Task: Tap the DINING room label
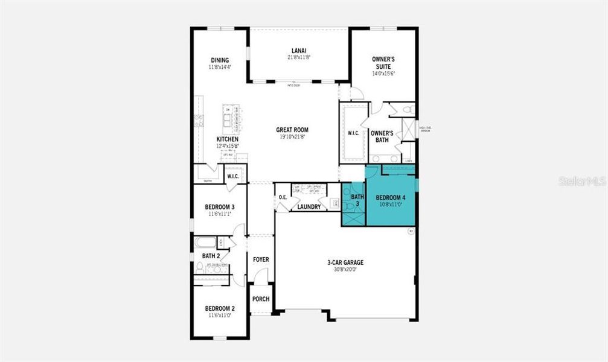pyautogui.click(x=220, y=60)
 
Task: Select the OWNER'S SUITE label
pyautogui.click(x=383, y=63)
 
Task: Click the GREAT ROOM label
pyautogui.click(x=292, y=130)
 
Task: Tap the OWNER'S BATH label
pyautogui.click(x=382, y=136)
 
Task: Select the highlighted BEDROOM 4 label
pyautogui.click(x=391, y=198)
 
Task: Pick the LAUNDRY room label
pyautogui.click(x=309, y=207)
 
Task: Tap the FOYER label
pyautogui.click(x=261, y=259)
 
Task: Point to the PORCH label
pyautogui.click(x=261, y=299)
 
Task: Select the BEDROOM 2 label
pyautogui.click(x=220, y=308)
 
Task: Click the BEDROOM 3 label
pyautogui.click(x=220, y=208)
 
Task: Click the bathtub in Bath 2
pyautogui.click(x=206, y=243)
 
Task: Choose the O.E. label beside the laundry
pyautogui.click(x=283, y=197)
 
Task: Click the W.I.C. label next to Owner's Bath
pyautogui.click(x=353, y=133)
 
